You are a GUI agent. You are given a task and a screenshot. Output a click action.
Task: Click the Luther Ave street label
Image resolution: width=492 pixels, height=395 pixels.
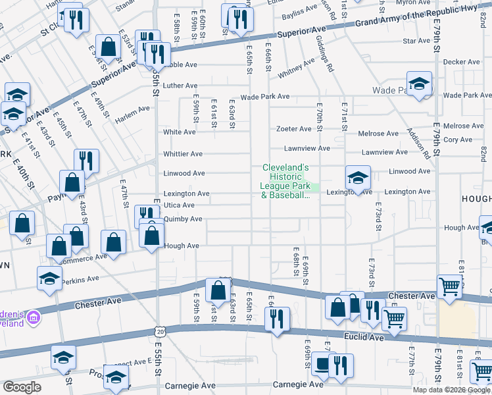[180, 86]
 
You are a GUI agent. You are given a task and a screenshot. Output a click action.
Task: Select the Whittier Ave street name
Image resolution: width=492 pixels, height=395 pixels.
[183, 154]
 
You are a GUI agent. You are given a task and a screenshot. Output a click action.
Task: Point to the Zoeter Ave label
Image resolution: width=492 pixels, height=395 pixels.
[293, 129]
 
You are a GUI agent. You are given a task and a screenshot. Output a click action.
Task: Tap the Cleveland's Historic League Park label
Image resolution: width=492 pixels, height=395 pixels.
[286, 181]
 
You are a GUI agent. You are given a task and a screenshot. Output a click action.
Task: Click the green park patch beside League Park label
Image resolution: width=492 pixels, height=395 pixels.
[315, 189]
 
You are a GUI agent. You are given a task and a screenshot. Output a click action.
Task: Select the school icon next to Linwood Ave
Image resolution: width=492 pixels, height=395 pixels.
[358, 176]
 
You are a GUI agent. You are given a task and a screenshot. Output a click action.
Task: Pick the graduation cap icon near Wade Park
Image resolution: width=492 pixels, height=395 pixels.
[418, 83]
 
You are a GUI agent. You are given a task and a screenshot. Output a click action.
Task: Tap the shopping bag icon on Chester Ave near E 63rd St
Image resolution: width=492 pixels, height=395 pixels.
[218, 289]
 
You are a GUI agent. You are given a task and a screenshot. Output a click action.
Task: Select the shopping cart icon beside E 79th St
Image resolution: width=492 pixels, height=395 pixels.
[449, 286]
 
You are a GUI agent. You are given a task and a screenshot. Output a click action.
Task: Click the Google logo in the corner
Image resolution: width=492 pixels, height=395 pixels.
[22, 387]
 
